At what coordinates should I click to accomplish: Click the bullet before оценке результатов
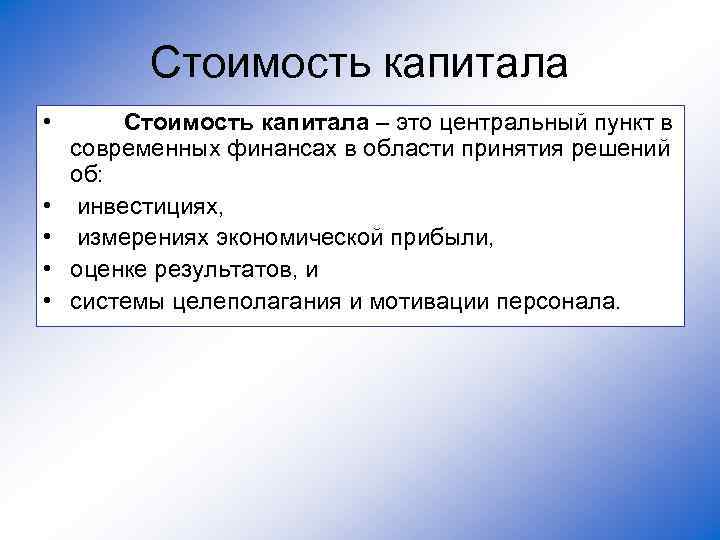(48, 270)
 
